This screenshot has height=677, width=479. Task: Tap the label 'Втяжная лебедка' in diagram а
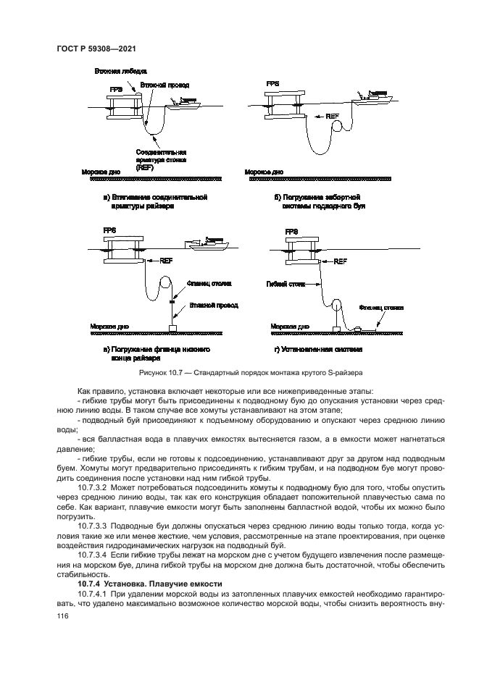pyautogui.click(x=120, y=72)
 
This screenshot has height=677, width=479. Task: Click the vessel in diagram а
pyautogui.click(x=183, y=102)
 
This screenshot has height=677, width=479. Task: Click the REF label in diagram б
pyautogui.click(x=332, y=116)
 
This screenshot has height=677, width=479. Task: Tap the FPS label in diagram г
pyautogui.click(x=291, y=232)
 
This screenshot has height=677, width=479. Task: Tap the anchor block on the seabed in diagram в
pyautogui.click(x=173, y=329)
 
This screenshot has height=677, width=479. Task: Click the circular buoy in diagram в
pyautogui.click(x=166, y=282)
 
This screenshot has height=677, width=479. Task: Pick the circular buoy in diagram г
pyautogui.click(x=337, y=306)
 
